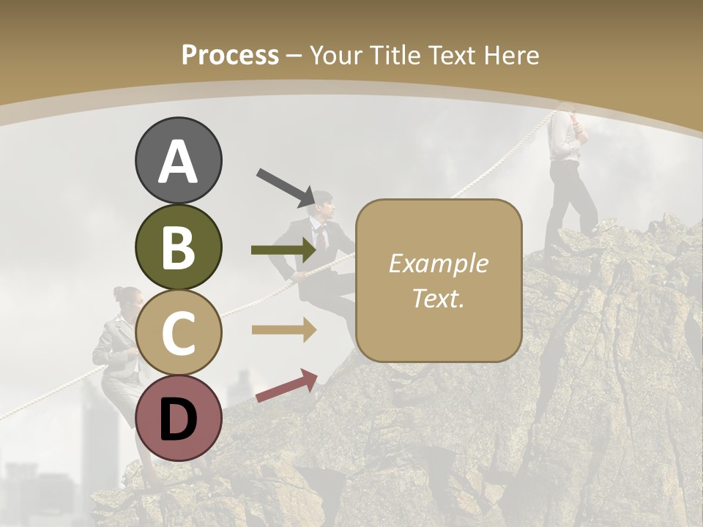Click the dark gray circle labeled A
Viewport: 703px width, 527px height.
pos(179,160)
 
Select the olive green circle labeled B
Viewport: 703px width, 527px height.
pos(179,247)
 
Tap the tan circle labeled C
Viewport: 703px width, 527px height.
pos(179,332)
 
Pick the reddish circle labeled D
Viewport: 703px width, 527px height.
pos(179,417)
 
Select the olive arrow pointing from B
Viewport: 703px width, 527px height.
pos(283,250)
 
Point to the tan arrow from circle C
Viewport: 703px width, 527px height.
pos(283,330)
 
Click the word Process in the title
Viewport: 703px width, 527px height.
pos(230,55)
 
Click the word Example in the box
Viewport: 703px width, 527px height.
pos(438,263)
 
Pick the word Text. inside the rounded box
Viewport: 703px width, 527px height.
pos(438,299)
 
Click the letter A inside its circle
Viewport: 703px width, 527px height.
pos(179,162)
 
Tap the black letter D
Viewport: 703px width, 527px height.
pos(179,419)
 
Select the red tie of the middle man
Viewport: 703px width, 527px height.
pos(320,236)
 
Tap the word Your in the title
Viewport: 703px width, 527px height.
pos(338,55)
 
